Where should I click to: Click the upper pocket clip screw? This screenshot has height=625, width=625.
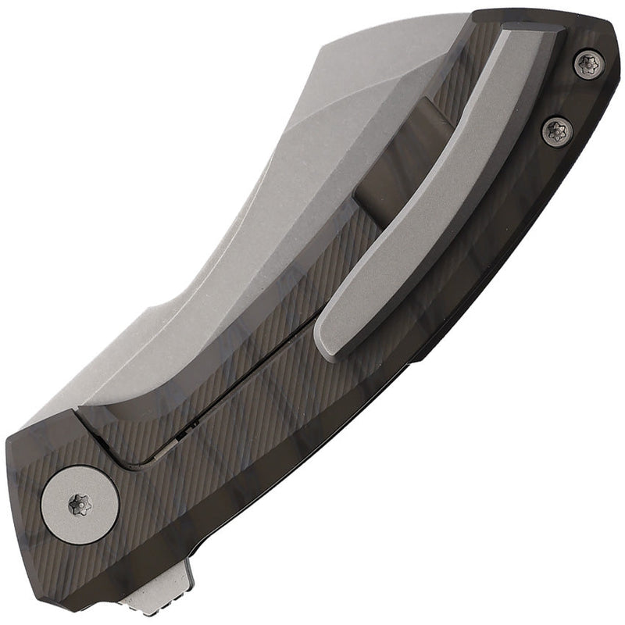[x=587, y=65]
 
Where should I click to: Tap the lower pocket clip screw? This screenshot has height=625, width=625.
[x=557, y=129]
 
